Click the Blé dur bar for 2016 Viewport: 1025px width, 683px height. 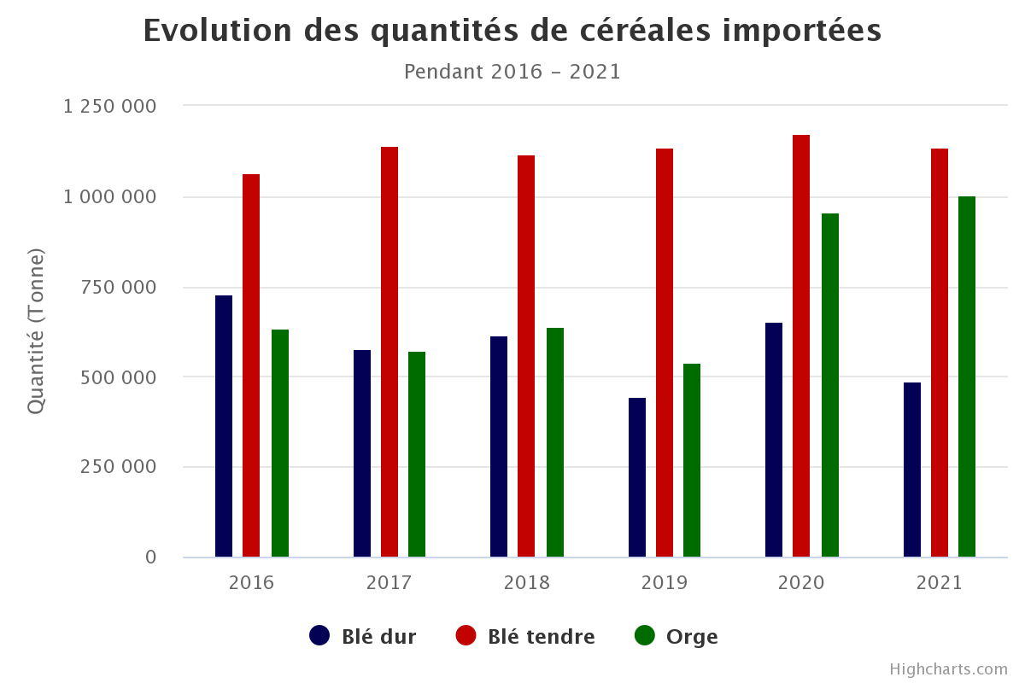coord(224,426)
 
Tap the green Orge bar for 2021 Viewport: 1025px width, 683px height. coord(967,377)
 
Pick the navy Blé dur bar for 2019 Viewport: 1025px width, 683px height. coord(637,477)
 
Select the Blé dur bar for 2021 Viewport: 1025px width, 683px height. coord(912,470)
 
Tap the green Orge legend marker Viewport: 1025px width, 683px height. coord(645,636)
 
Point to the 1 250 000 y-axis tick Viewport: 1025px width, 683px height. coord(110,107)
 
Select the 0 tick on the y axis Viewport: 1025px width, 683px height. coord(151,557)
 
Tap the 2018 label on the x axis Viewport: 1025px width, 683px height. coord(527,583)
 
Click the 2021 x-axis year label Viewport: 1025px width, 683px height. coord(940,583)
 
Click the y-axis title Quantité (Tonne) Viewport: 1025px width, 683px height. coord(35,332)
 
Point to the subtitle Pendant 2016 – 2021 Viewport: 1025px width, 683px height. coord(512,72)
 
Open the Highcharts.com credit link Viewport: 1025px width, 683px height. coord(948,669)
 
